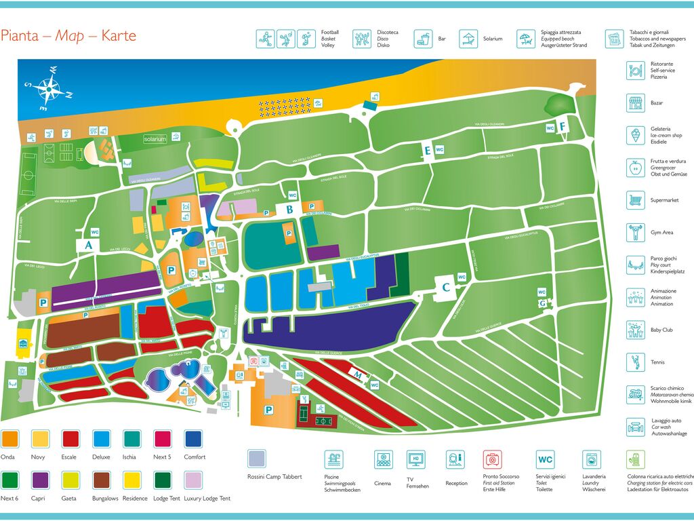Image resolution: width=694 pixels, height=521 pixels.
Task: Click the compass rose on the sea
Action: point(48,88)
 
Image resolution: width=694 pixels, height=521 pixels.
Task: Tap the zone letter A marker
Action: point(87,245)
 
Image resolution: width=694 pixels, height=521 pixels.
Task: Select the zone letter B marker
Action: point(289,210)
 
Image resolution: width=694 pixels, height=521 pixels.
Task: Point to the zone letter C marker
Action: point(445,287)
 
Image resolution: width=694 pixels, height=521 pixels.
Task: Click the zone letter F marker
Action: point(562,126)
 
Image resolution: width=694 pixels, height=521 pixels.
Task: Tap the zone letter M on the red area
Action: point(358,374)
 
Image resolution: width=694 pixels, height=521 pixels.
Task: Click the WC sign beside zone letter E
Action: point(439,150)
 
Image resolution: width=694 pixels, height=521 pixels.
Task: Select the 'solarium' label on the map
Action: point(155,139)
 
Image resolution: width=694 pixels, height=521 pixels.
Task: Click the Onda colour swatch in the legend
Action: point(9,438)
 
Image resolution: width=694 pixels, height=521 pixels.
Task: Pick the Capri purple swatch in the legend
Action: point(40,480)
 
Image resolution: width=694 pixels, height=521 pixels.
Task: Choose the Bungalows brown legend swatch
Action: point(101,480)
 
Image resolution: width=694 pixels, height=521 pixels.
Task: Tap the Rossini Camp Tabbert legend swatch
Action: point(257,459)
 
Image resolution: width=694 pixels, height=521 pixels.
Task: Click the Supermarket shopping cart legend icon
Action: point(635,200)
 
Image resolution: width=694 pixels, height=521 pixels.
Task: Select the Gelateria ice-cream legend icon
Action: point(635,135)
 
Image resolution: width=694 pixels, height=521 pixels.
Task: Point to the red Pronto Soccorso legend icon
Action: point(493,459)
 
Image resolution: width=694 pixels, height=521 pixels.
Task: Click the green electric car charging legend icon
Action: point(636,459)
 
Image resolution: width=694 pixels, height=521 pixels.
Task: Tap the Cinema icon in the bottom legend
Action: point(384,459)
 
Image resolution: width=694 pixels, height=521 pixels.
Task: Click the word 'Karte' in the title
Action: point(119,36)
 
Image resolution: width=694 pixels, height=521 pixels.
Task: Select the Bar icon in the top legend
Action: point(424,39)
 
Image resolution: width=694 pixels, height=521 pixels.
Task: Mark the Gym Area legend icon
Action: point(635,233)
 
